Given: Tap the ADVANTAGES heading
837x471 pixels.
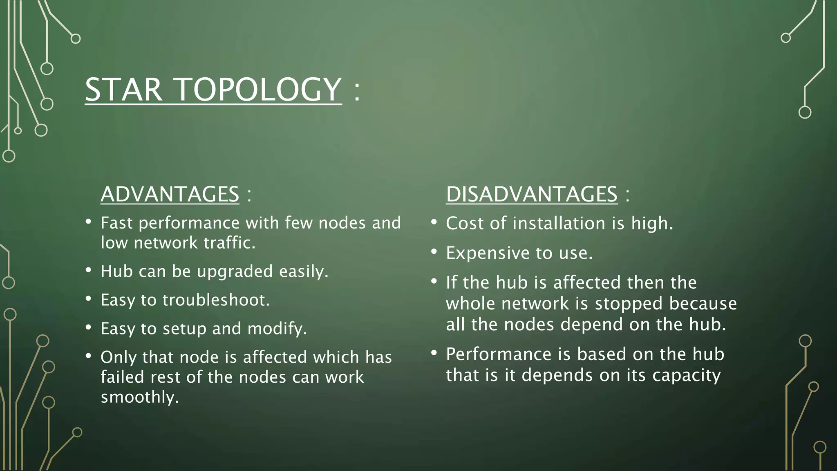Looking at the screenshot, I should click(x=170, y=194).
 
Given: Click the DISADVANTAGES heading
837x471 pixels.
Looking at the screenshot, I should click(x=531, y=194).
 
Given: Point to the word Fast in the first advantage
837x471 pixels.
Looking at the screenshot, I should click(x=116, y=223).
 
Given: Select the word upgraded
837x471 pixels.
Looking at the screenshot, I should click(x=235, y=272).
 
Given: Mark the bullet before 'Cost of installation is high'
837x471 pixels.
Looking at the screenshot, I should click(x=434, y=222).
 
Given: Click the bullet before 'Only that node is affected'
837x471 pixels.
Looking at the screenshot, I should click(x=88, y=356).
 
